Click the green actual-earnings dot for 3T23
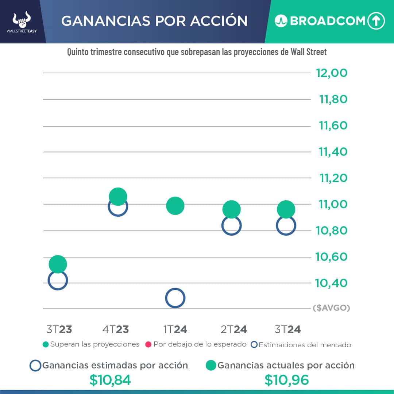(x=58, y=264)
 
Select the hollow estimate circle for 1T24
(x=175, y=298)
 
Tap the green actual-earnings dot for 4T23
(x=117, y=197)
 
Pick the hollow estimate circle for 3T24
(x=286, y=226)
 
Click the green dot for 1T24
(x=175, y=205)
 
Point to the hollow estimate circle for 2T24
(x=231, y=226)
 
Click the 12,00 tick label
(x=332, y=73)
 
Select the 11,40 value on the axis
(x=333, y=152)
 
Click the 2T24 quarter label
(x=234, y=329)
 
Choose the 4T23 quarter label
(x=116, y=329)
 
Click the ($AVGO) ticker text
(x=331, y=308)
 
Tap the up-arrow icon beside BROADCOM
(x=376, y=21)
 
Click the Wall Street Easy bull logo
(x=22, y=21)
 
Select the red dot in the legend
(x=148, y=344)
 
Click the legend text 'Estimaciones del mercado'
(x=305, y=345)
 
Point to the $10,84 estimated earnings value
(x=110, y=380)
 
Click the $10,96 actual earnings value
(x=287, y=380)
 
